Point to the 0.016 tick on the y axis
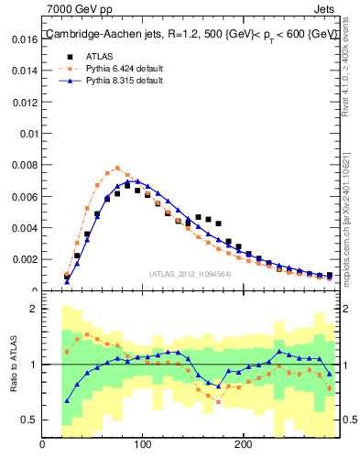pos(25,39)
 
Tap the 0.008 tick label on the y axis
pos(25,166)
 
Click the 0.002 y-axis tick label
pos(25,260)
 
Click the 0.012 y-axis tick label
pos(25,103)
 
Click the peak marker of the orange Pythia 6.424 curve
pos(117,168)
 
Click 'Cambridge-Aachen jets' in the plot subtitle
pos(95,34)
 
